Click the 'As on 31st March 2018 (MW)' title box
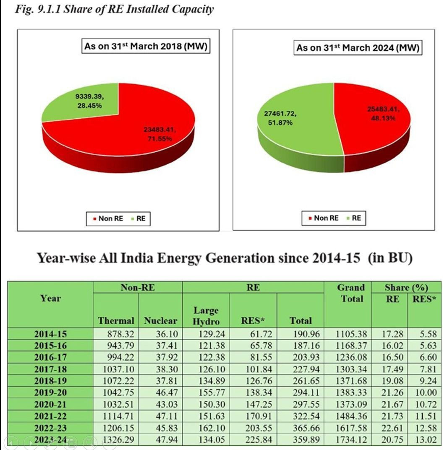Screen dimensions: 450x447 point(146,46)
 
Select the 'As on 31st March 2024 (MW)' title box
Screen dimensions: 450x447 point(358,48)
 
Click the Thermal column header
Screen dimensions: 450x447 point(116,321)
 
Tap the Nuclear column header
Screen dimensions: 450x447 point(160,321)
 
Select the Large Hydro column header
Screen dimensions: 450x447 point(206,316)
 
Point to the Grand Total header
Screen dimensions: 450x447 point(351,293)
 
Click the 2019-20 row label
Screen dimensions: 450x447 point(50,393)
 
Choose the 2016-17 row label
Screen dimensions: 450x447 point(50,358)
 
